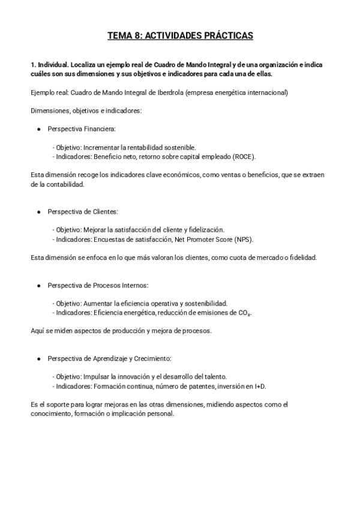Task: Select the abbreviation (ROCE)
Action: (x=242, y=157)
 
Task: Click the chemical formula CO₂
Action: (x=243, y=313)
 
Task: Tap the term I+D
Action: (x=260, y=386)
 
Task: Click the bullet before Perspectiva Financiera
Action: (x=39, y=129)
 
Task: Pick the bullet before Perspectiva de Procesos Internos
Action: (x=39, y=285)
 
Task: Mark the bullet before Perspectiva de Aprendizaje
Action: (x=39, y=358)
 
